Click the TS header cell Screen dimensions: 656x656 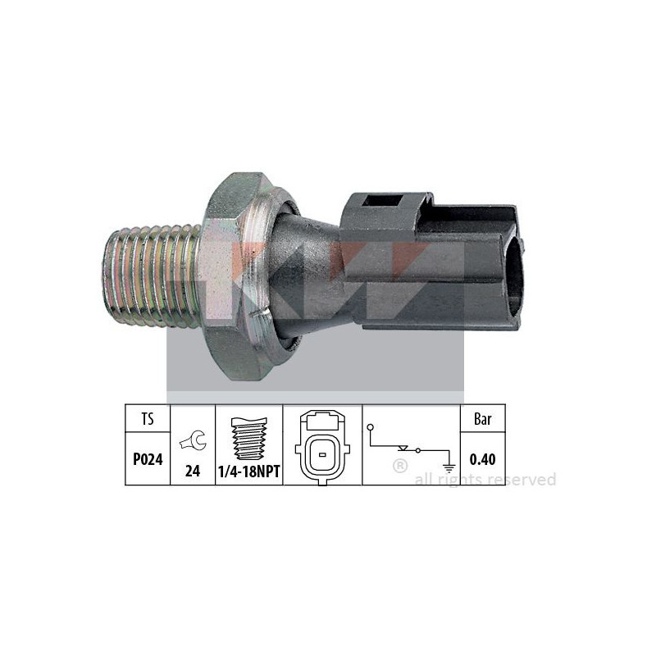[x=148, y=418]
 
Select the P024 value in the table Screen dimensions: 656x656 [x=148, y=459]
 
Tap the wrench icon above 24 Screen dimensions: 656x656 [x=193, y=440]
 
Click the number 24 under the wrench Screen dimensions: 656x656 [x=193, y=471]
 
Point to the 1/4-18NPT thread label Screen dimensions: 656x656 [x=249, y=472]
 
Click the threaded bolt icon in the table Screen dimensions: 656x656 [x=249, y=439]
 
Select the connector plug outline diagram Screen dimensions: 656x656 [x=322, y=448]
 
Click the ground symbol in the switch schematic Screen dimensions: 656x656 [x=449, y=468]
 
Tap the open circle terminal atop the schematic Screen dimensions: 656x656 [x=371, y=427]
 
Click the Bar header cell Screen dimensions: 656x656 [x=483, y=418]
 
